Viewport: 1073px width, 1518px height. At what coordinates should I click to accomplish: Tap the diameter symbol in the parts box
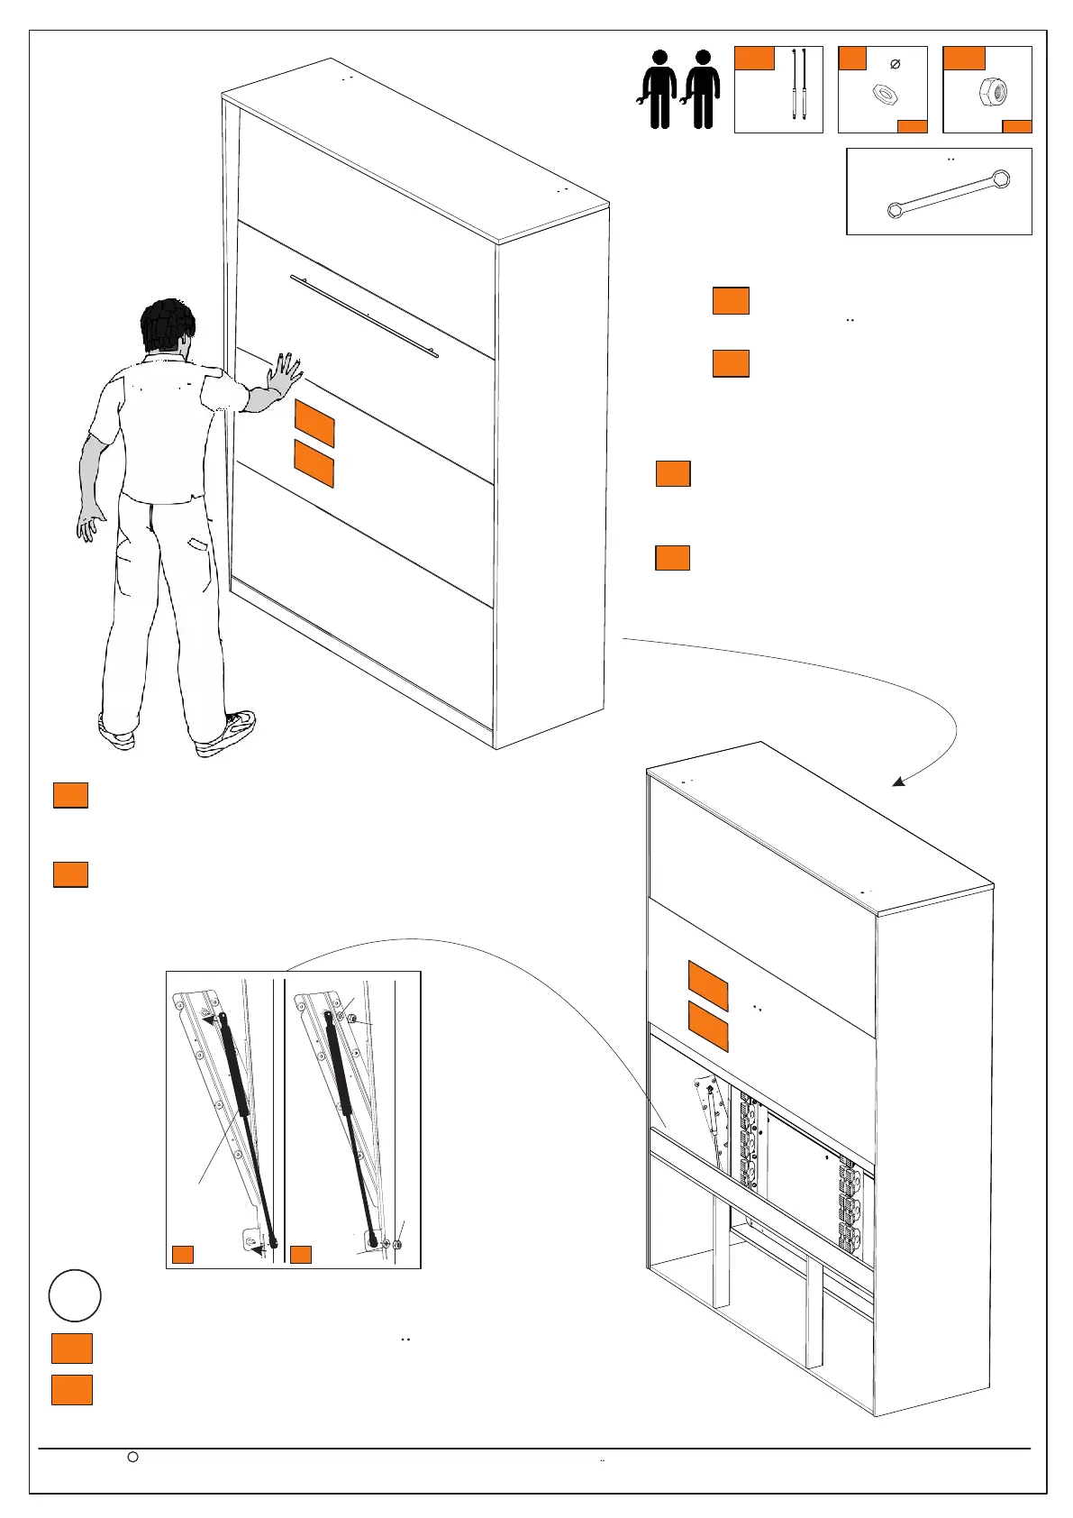[x=895, y=64]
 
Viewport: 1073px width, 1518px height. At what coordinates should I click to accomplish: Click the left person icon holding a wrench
[x=659, y=89]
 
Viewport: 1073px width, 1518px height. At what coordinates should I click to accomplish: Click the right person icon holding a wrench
[x=702, y=89]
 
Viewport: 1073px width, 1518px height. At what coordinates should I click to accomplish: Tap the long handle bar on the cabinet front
[x=364, y=315]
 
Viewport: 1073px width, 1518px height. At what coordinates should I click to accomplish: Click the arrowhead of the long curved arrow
[x=898, y=782]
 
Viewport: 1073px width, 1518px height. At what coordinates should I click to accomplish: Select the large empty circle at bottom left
[x=75, y=1295]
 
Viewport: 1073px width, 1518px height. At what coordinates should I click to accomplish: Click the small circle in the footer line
[x=132, y=1457]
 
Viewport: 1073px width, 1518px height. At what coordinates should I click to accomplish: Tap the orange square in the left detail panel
[x=183, y=1254]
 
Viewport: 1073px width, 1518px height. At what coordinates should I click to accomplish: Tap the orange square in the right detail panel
[x=301, y=1254]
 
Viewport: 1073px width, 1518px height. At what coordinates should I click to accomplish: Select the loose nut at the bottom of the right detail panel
[x=398, y=1245]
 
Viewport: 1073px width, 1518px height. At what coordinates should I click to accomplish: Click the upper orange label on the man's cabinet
[x=314, y=424]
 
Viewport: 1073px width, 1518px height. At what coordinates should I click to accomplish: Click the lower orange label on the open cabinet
[x=708, y=1026]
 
